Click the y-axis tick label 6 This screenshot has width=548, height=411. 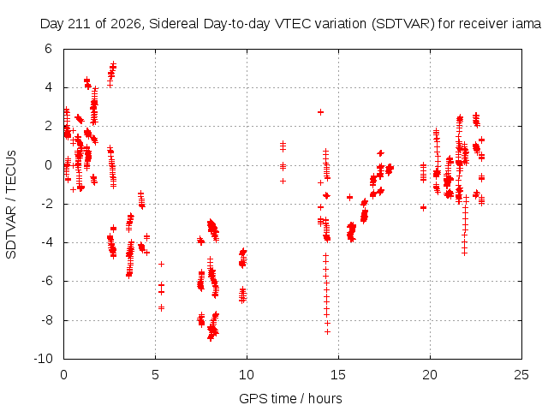click(48, 49)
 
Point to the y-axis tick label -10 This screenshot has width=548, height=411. click(44, 359)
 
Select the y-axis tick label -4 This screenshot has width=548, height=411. click(45, 242)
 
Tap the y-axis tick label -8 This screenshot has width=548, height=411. click(45, 320)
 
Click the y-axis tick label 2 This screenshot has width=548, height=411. click(48, 126)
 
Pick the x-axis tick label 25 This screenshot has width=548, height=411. click(521, 375)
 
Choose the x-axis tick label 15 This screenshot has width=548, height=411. click(338, 375)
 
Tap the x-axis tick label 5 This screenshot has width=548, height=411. click(155, 375)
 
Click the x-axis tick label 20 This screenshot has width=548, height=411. click(430, 375)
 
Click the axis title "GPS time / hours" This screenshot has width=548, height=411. click(290, 398)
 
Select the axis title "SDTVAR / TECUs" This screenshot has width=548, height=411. click(11, 205)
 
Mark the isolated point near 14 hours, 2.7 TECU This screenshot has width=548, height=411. click(320, 112)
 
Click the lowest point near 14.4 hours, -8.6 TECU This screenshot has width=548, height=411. click(327, 332)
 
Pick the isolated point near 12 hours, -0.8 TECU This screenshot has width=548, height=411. click(283, 181)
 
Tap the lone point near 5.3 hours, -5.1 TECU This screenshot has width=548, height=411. click(161, 265)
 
